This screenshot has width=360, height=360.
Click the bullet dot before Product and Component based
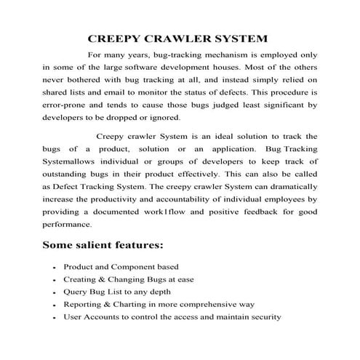(55, 268)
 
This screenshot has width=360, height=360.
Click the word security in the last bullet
(263, 317)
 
